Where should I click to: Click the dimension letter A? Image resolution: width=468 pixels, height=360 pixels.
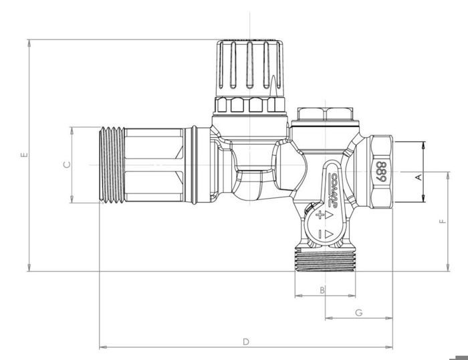point(419,177)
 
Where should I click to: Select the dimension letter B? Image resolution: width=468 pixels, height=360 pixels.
point(322,290)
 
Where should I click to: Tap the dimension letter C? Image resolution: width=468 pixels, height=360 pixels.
point(66,165)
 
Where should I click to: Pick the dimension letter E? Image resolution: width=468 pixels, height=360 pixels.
point(23,155)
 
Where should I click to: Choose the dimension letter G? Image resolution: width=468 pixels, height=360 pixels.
point(358,312)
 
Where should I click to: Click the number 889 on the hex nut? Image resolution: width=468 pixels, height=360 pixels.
point(382,171)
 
